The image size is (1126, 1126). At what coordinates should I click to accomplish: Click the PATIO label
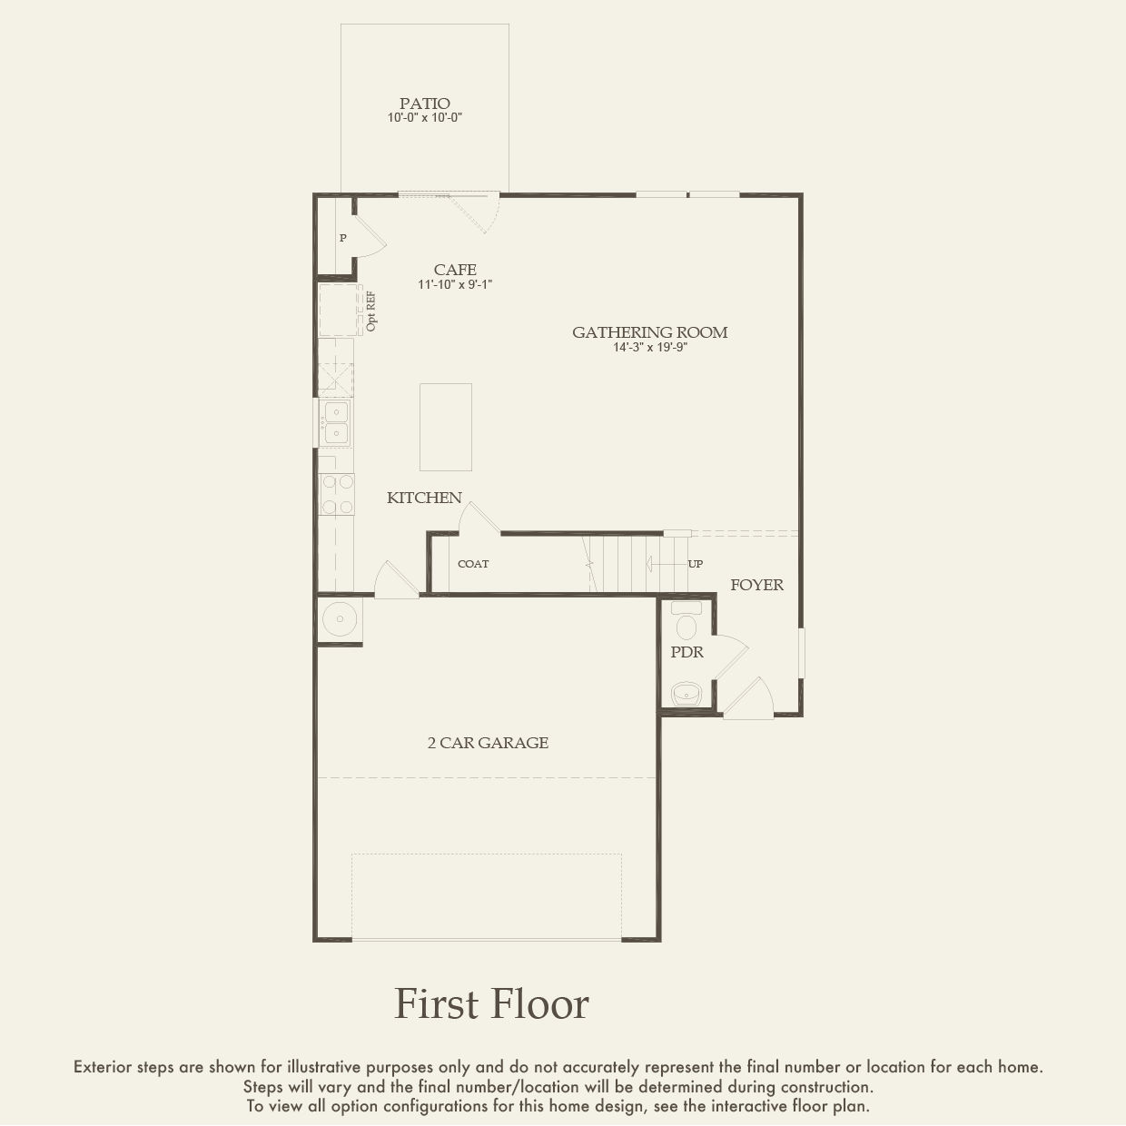point(425,104)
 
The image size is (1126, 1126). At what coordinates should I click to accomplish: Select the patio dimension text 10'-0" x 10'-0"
point(425,117)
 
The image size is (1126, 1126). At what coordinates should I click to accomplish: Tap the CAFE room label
point(455,270)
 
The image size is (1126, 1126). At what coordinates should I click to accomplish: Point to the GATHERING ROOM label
point(650,332)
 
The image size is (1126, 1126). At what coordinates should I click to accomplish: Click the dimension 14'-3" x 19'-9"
point(650,348)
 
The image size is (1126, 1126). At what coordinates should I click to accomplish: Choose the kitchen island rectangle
point(445,427)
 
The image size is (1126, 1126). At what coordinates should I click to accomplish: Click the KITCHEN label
point(424,498)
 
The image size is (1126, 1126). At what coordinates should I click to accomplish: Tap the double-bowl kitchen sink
point(335,423)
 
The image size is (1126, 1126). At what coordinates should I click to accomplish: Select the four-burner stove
point(337,494)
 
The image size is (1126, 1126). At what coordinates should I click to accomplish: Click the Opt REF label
point(371,312)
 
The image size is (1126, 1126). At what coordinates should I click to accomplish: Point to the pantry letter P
point(343,238)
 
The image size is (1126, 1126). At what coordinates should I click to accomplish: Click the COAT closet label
point(473,564)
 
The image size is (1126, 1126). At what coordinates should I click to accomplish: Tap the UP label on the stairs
point(696,564)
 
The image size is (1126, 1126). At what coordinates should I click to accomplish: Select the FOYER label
point(756,585)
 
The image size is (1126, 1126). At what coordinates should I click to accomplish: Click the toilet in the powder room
point(686,621)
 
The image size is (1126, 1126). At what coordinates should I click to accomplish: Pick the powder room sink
point(686,694)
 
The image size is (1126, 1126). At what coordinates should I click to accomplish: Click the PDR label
point(687,652)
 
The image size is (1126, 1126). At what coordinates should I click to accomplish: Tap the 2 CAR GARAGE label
point(488,743)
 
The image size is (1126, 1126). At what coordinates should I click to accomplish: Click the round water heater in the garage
point(340,618)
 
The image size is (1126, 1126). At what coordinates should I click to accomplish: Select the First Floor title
point(491,1004)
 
